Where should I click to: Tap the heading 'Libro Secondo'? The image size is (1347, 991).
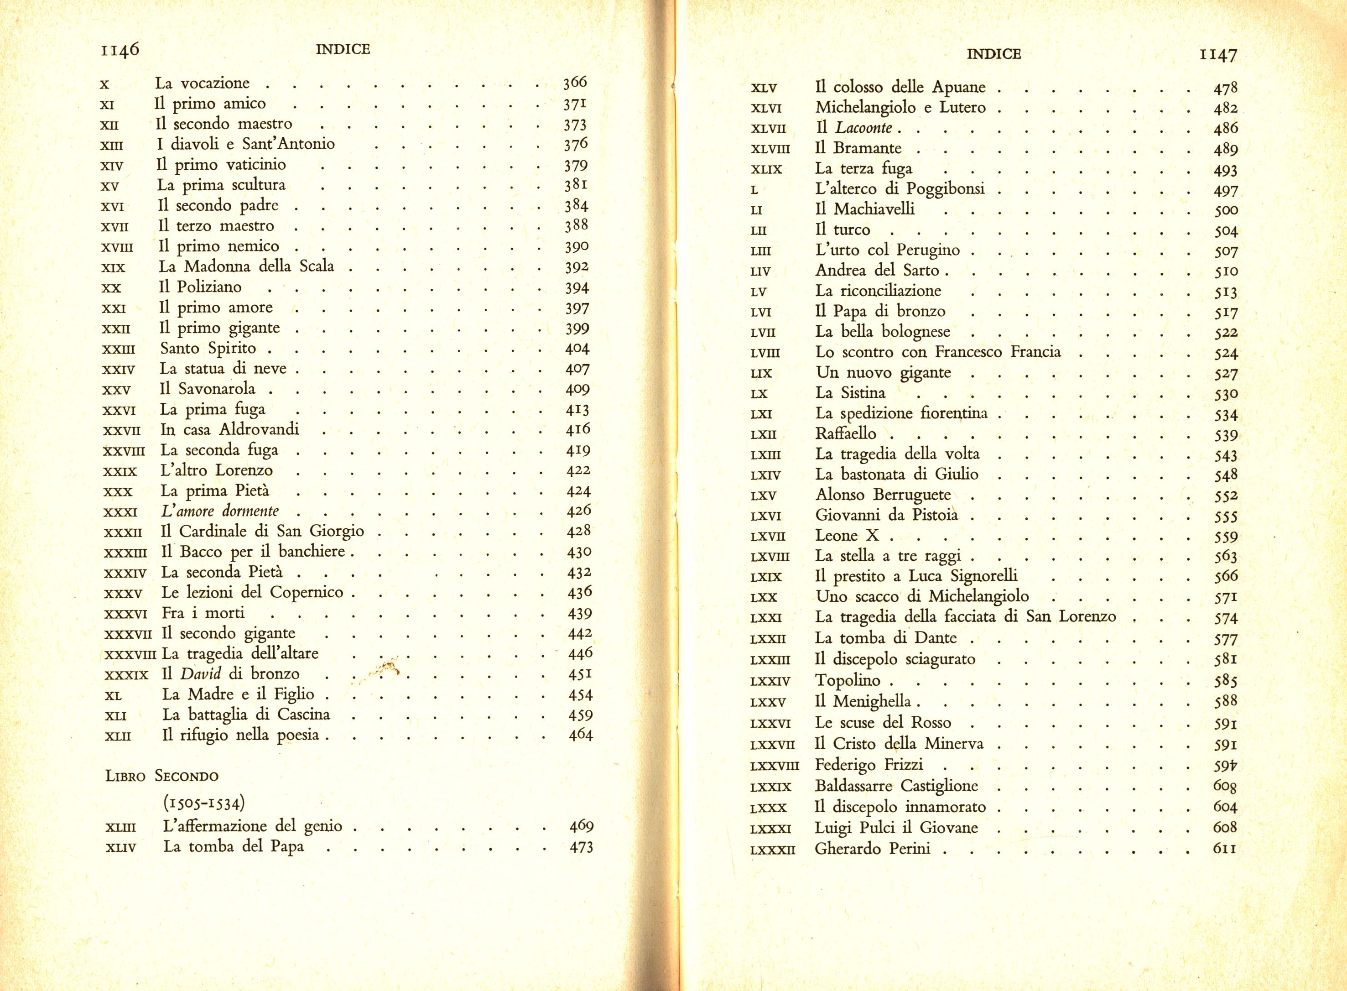[161, 776]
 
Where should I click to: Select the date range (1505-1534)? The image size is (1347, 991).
[203, 803]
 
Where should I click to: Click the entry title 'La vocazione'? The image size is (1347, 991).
[202, 83]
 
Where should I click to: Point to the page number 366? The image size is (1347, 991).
[575, 83]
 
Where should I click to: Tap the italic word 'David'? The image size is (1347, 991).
[201, 674]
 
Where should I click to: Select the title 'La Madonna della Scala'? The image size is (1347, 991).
[246, 266]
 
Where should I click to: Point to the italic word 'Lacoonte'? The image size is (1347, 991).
[863, 128]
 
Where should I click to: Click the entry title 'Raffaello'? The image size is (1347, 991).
[846, 434]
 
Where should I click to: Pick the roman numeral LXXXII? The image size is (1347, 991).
[772, 850]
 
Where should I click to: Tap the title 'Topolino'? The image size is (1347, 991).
[848, 680]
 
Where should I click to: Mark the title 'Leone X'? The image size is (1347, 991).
[847, 536]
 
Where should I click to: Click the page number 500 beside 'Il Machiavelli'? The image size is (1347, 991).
[1226, 210]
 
